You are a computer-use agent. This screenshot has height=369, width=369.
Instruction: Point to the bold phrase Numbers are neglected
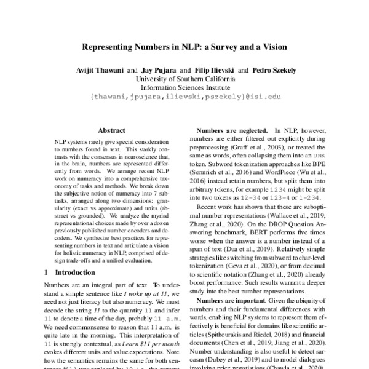coord(232,131)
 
